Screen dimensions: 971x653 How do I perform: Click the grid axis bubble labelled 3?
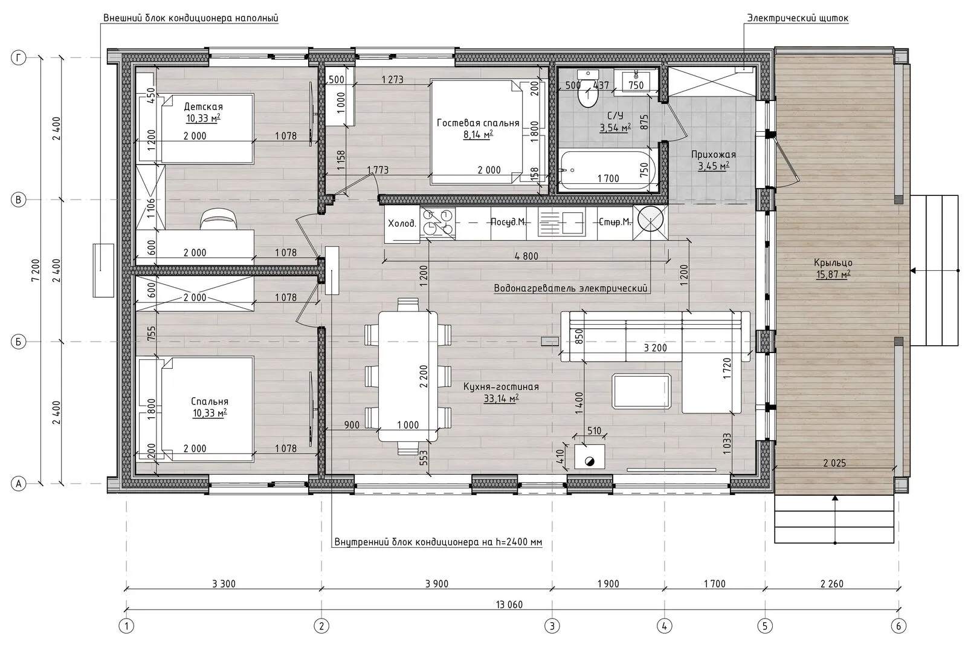coord(552,626)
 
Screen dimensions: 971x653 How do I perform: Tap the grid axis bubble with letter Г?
coord(18,57)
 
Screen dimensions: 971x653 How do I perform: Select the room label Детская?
coord(203,106)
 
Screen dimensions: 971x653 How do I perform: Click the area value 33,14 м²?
coord(501,398)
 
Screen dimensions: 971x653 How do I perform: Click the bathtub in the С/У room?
coord(607,170)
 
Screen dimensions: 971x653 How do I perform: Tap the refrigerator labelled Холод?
coord(402,223)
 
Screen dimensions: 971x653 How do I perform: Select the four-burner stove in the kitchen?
coord(437,223)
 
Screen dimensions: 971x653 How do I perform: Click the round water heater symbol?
coord(650,218)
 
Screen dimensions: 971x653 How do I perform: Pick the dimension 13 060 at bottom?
coord(509,605)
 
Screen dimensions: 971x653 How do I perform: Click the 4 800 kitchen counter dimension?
coord(526,256)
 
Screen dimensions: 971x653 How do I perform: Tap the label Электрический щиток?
coord(798,18)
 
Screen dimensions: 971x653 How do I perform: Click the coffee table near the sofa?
coord(642,391)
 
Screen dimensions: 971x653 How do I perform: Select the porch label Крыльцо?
coord(833,262)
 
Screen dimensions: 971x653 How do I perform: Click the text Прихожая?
coord(714,154)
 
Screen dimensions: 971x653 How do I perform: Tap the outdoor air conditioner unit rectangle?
coord(103,270)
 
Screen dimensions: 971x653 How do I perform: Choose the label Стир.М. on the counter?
coord(615,222)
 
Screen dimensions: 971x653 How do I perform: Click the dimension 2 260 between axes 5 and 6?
coord(832,583)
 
